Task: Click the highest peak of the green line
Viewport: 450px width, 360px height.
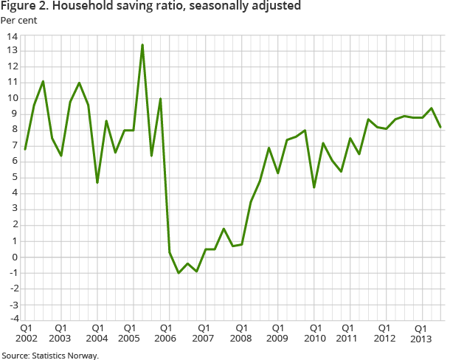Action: (142, 45)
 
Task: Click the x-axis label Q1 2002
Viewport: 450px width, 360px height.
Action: (25, 333)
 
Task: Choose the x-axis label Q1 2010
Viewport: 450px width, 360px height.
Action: (314, 333)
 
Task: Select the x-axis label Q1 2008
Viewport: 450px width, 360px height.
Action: (241, 333)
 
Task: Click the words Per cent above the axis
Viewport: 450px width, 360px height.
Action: (19, 19)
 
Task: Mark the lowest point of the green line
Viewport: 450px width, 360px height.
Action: (179, 273)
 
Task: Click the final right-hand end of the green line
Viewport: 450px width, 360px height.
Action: (440, 127)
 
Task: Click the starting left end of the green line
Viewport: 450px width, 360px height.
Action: (25, 149)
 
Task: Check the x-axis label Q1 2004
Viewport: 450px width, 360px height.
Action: (97, 333)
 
